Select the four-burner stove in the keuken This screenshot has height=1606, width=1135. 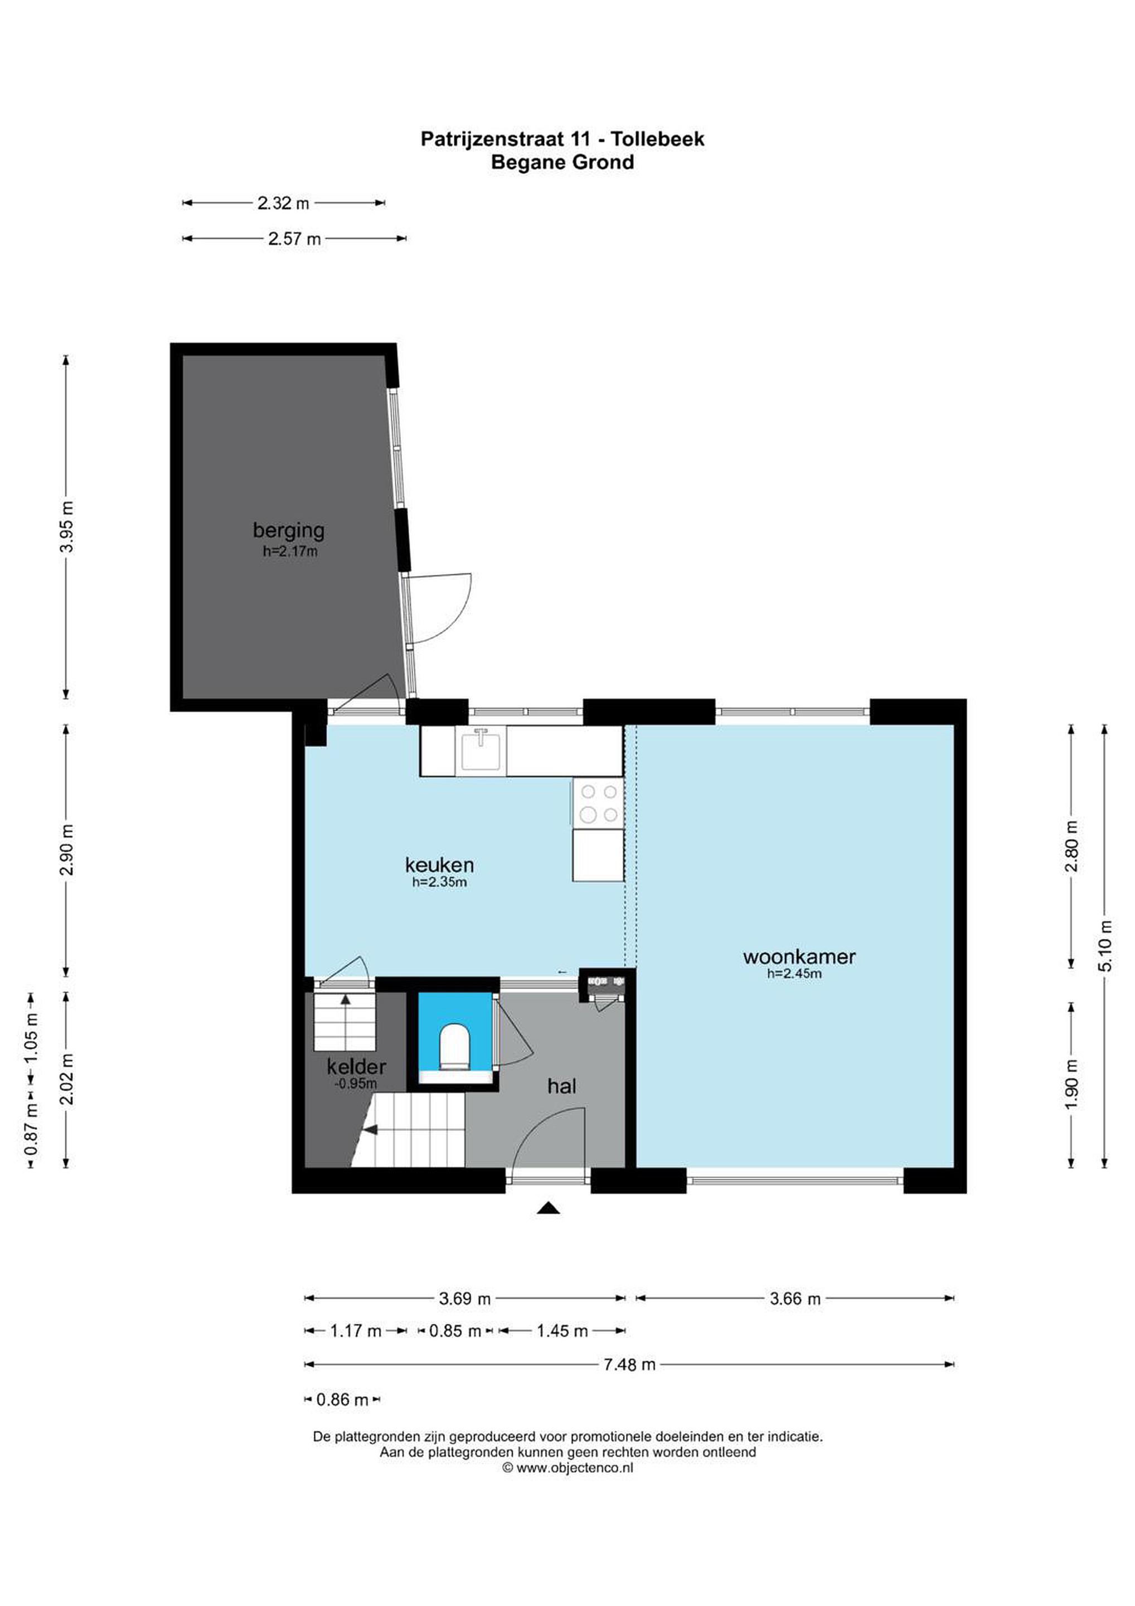599,803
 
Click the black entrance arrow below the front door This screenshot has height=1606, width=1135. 549,1207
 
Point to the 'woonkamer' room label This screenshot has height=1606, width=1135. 799,956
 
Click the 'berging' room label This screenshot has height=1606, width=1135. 289,531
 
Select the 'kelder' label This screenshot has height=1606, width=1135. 357,1067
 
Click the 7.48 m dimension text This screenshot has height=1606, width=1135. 629,1364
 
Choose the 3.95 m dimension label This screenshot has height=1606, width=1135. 66,527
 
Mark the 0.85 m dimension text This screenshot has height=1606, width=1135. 455,1331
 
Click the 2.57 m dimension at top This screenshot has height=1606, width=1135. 294,239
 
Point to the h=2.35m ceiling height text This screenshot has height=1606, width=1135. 439,882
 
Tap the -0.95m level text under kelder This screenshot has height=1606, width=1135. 357,1083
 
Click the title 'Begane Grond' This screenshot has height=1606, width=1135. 562,162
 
